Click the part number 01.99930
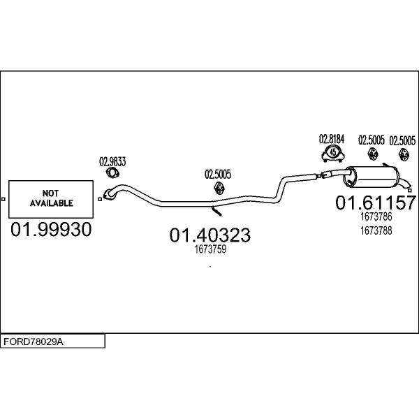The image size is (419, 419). coord(51,230)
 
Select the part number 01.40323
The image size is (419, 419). coord(210,235)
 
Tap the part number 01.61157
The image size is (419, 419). coord(376,203)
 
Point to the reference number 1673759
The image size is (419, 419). coord(210,249)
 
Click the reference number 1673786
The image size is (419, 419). coord(376,216)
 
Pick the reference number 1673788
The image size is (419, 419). coord(376,230)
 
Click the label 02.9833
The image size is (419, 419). coord(112,162)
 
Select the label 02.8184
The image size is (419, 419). coord(332,139)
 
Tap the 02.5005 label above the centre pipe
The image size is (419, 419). coord(218,174)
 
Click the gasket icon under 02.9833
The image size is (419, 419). coord(112,173)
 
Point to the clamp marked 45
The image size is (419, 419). coord(332,153)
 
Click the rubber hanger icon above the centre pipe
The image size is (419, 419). coord(219,188)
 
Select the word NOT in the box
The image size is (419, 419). coord(50,193)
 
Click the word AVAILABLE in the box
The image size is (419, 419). coord(51,203)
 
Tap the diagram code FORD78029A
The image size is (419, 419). coord(34,341)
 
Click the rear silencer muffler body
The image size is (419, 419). coord(372,177)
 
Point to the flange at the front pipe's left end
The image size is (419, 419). coord(109,194)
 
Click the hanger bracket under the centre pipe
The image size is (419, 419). coord(216,211)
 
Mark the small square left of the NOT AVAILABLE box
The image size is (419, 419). coord(3,199)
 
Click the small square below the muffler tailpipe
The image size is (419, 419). coord(410,190)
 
